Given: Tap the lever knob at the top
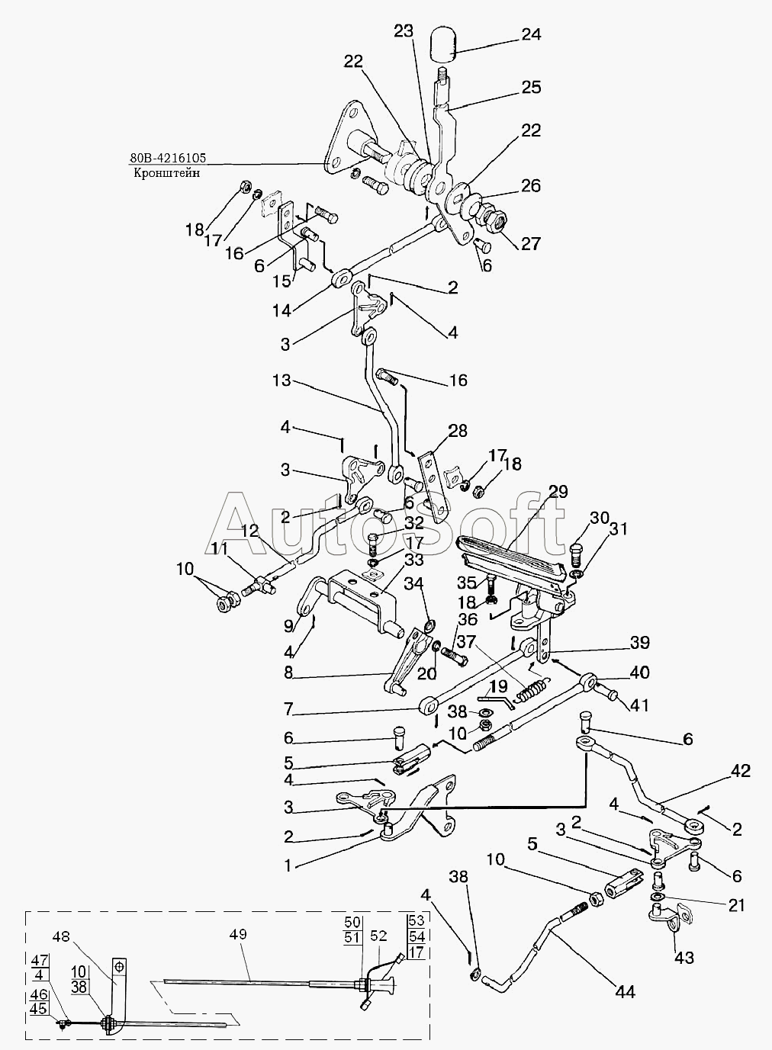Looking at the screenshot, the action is tap(443, 44).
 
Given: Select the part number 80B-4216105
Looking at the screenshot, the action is tap(168, 158).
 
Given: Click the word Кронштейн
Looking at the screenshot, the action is tap(166, 173).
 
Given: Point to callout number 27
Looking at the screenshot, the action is tap(530, 244).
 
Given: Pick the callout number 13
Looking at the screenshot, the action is tap(282, 381).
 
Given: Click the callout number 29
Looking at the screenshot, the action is tap(557, 492).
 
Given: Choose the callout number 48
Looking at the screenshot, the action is tap(61, 936).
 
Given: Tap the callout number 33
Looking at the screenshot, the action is tap(413, 560).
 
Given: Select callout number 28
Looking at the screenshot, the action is tap(458, 431).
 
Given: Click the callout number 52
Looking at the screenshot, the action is tap(378, 936).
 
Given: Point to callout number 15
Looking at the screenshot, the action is tap(282, 281).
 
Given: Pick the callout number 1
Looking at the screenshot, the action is tap(288, 865).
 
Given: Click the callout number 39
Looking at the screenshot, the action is tap(640, 643).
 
